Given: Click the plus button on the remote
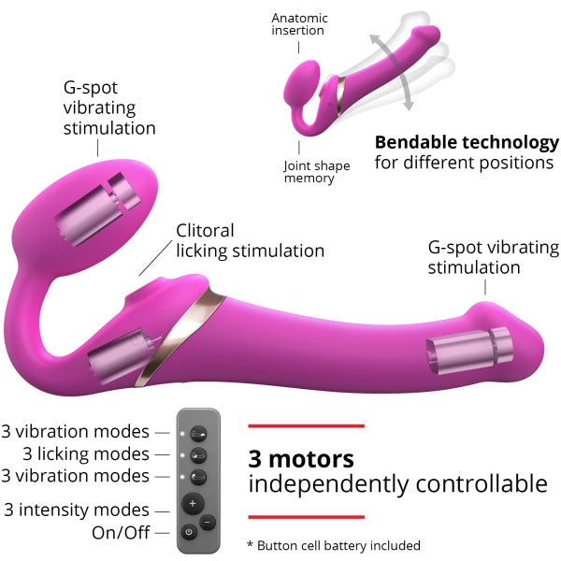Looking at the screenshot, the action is pyautogui.click(x=193, y=504).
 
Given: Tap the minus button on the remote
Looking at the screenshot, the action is pyautogui.click(x=208, y=523).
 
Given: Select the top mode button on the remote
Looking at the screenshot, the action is pyautogui.click(x=198, y=435).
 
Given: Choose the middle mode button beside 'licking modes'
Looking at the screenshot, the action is pyautogui.click(x=198, y=455).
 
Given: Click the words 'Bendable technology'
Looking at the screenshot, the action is pyautogui.click(x=467, y=143).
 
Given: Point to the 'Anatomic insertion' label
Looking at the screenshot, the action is pyautogui.click(x=299, y=24).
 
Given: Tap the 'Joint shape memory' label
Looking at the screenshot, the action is pyautogui.click(x=316, y=172).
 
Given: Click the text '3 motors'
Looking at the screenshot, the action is pyautogui.click(x=301, y=459).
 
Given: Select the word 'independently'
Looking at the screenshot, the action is pyautogui.click(x=328, y=484).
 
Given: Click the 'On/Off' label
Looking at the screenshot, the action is pyautogui.click(x=121, y=533).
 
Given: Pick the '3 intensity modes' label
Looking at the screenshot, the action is pyautogui.click(x=77, y=510).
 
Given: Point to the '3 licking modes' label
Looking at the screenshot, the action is pyautogui.click(x=86, y=454).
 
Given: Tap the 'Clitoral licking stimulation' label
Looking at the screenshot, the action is pyautogui.click(x=250, y=241).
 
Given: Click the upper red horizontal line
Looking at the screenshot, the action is pyautogui.click(x=307, y=425).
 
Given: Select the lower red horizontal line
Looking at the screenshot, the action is pyautogui.click(x=307, y=517).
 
